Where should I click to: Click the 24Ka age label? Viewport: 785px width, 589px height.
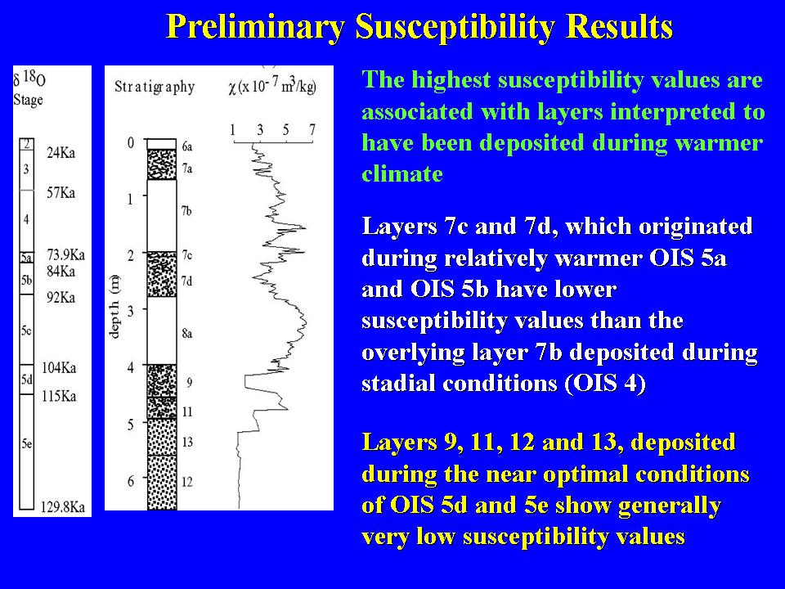[61, 153]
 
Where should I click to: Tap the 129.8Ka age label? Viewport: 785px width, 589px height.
[63, 507]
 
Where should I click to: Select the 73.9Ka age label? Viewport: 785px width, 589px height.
[65, 255]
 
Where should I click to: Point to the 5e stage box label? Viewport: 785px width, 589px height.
[26, 443]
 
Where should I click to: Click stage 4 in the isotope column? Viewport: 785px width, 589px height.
[26, 219]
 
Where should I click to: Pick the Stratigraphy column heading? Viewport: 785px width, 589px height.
[155, 87]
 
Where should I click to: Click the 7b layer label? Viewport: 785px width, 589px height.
[186, 211]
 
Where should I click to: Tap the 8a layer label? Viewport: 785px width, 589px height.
[186, 333]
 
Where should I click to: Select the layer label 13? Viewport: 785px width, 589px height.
[187, 442]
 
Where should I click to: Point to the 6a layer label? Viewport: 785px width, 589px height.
[187, 146]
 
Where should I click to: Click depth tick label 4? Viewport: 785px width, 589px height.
[131, 367]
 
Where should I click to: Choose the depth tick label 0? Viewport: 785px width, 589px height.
[131, 143]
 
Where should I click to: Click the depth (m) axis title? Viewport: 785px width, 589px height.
[114, 307]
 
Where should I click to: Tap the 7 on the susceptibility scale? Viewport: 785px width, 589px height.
[312, 130]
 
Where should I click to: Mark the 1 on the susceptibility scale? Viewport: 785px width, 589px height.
[233, 130]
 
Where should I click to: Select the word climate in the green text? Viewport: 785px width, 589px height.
[402, 173]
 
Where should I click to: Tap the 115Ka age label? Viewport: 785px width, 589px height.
[59, 396]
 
